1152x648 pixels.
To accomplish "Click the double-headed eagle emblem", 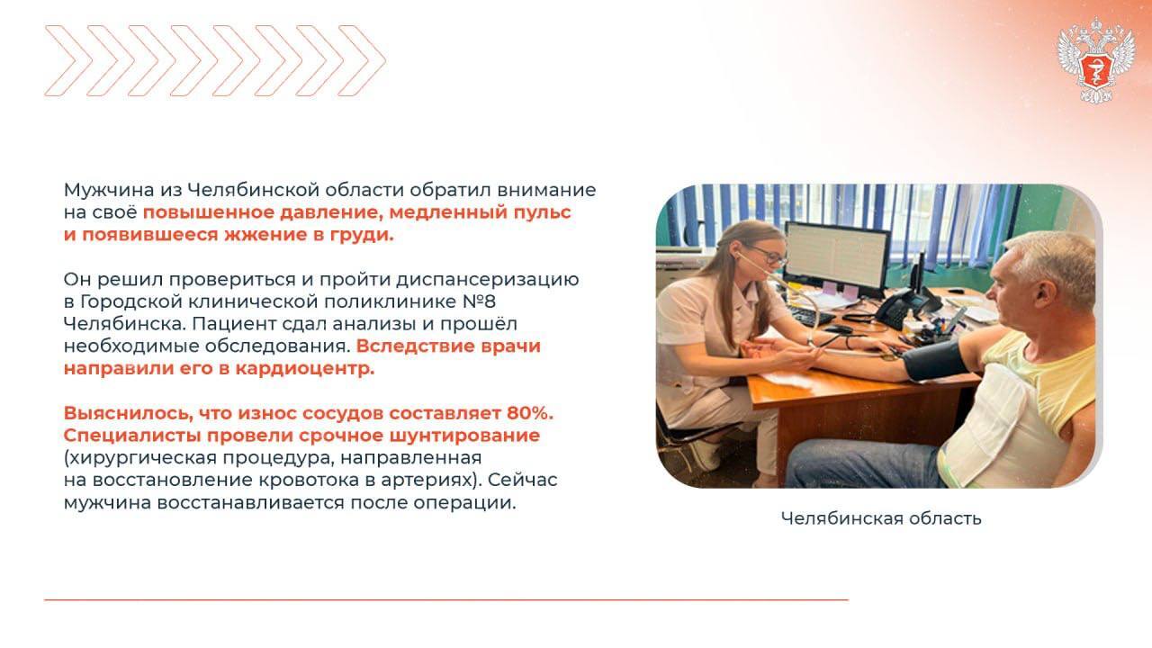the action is coord(1096,59).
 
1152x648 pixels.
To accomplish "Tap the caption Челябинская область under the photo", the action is coord(881,518).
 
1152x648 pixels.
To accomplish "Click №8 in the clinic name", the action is coord(479,301).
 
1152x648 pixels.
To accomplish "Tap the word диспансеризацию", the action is coord(488,280).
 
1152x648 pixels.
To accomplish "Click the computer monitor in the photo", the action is coord(837,258).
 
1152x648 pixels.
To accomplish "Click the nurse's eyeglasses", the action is coord(767,255).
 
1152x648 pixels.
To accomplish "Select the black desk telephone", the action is coord(904,307).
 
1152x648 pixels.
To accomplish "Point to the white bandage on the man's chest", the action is coord(984,427).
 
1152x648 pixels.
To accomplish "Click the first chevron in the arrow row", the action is coord(68,60).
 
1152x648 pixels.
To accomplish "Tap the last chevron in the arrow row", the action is coord(363,60).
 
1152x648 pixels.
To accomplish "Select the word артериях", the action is coord(429,481).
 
